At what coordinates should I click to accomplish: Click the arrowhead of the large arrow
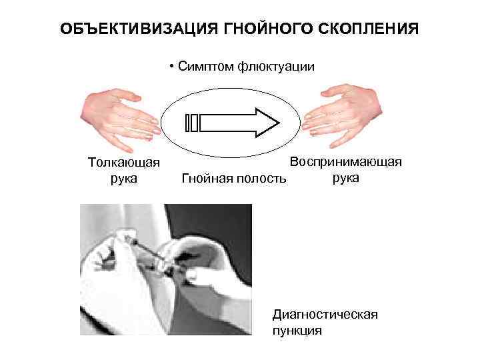pyautogui.click(x=266, y=123)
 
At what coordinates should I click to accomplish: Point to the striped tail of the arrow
pyautogui.click(x=192, y=123)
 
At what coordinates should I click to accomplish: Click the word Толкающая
pyautogui.click(x=123, y=162)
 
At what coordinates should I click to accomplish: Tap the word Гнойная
pyautogui.click(x=207, y=179)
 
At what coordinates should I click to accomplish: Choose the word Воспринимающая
pyautogui.click(x=345, y=161)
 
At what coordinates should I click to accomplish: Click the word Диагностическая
pyautogui.click(x=325, y=313)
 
